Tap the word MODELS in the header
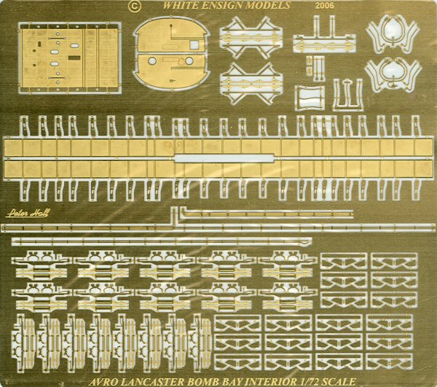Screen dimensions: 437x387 point(271,5)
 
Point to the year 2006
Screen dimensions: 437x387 point(324,6)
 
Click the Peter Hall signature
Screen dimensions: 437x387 point(27,214)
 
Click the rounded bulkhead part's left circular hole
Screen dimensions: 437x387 point(152,60)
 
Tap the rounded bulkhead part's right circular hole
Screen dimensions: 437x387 point(189,60)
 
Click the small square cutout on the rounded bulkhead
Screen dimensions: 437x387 point(195,44)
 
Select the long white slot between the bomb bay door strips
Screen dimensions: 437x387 point(224,158)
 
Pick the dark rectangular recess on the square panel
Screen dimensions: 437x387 point(74,58)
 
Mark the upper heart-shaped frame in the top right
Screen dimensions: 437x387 point(393,34)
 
